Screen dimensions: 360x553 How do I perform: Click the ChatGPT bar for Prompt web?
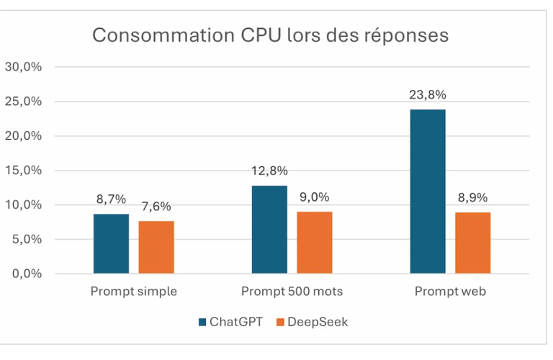(x=428, y=192)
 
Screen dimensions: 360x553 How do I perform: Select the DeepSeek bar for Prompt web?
(x=473, y=243)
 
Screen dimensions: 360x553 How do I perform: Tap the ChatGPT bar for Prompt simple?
(x=112, y=243)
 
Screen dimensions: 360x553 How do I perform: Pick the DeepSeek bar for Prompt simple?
(x=156, y=247)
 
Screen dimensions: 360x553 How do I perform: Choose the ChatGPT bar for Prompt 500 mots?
(x=269, y=230)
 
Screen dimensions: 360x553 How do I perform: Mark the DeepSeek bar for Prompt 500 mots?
(x=315, y=243)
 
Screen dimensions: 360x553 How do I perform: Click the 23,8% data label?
(x=428, y=94)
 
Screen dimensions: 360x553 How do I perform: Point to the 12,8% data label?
(x=269, y=171)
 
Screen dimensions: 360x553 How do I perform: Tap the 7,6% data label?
(x=156, y=207)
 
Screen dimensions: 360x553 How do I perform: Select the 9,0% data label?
(x=315, y=197)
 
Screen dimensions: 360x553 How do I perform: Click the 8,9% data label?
(x=473, y=197)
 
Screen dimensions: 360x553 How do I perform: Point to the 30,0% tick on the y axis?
(x=24, y=67)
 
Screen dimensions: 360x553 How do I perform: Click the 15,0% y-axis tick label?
(x=24, y=171)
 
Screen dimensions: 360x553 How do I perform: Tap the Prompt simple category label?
(x=134, y=292)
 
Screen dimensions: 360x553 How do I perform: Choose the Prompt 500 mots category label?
(x=292, y=292)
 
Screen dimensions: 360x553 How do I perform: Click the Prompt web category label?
(x=450, y=292)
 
